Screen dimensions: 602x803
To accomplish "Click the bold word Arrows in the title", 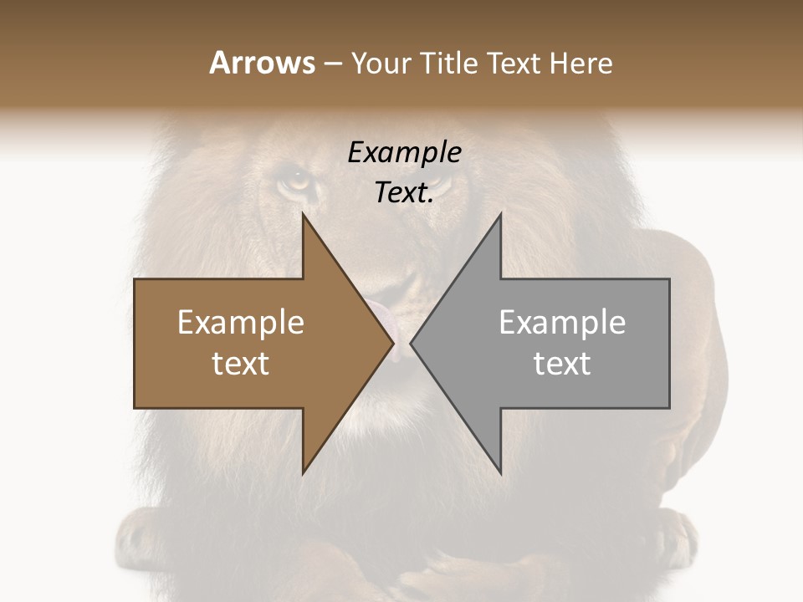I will click(262, 63).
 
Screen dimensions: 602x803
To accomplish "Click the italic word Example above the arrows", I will click(404, 152).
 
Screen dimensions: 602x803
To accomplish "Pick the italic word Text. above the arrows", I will click(404, 192).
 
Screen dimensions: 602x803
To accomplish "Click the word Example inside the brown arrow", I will click(241, 323).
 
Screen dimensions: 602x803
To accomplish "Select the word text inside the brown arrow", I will click(241, 364).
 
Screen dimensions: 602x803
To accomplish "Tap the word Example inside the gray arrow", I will click(562, 323).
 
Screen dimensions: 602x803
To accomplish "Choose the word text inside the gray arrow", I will click(562, 364).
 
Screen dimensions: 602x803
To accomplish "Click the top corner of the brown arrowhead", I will click(303, 215).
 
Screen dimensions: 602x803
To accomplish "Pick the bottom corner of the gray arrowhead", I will click(500, 472).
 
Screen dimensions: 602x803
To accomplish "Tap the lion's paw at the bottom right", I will click(669, 535).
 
